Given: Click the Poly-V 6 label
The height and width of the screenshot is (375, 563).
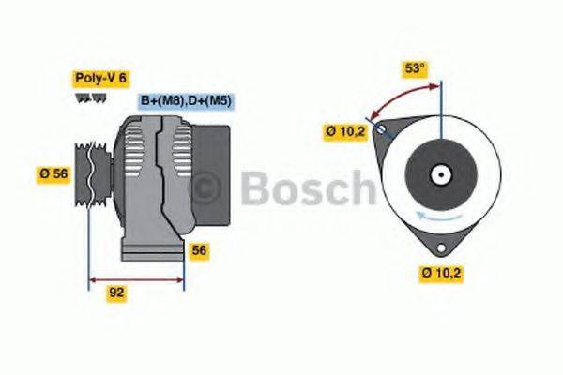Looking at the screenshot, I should (99, 79).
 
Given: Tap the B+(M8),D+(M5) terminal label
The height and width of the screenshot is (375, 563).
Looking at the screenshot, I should (187, 100).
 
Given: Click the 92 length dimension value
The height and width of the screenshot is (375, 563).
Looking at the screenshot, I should (117, 292).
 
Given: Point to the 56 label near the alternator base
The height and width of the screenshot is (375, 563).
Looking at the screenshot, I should (199, 250).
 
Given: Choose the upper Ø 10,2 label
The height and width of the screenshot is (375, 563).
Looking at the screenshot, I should (344, 132).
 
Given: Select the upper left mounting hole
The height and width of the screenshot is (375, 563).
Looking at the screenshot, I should (381, 131).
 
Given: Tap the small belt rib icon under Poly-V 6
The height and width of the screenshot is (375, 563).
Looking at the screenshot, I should (88, 98).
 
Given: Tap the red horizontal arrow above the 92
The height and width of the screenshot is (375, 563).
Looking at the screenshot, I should (136, 278).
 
